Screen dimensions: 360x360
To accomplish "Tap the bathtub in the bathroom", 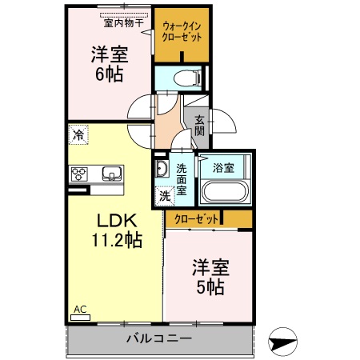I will tap(223, 192).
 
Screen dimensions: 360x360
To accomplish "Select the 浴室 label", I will tap(223, 168).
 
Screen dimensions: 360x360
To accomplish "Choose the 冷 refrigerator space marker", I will tap(78, 135).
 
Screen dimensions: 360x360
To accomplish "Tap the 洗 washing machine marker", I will tap(164, 194).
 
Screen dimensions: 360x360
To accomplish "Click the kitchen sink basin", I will tap(110, 174).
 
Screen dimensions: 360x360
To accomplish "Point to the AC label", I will tap(80, 309).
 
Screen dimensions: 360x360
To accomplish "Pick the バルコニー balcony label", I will tap(158, 338).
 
